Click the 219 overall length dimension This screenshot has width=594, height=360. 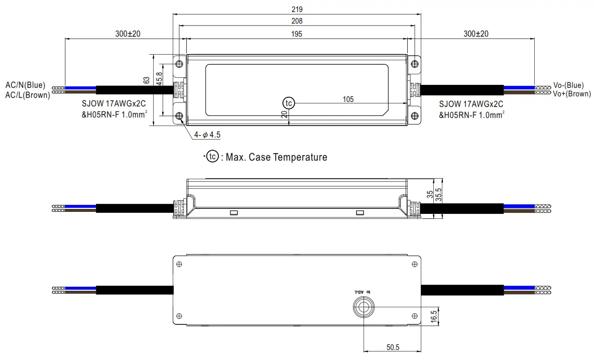click(x=297, y=9)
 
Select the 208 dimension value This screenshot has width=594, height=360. click(x=297, y=21)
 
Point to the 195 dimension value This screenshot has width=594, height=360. click(x=297, y=34)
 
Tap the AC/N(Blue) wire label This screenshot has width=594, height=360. click(x=25, y=85)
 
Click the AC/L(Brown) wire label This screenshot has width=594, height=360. click(x=27, y=94)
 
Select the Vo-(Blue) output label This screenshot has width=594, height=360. click(x=568, y=85)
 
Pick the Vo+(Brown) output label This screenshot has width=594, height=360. click(x=572, y=93)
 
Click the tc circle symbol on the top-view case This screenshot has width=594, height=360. click(x=288, y=102)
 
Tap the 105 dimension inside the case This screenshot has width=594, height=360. click(x=348, y=99)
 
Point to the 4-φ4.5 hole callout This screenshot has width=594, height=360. click(x=208, y=135)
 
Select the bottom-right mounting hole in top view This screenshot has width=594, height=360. click(x=414, y=116)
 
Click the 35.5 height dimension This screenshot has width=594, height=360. click(x=438, y=195)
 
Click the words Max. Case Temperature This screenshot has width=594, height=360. click(x=276, y=157)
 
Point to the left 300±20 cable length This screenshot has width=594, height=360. click(x=128, y=34)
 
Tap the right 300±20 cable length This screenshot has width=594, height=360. click(x=476, y=34)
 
